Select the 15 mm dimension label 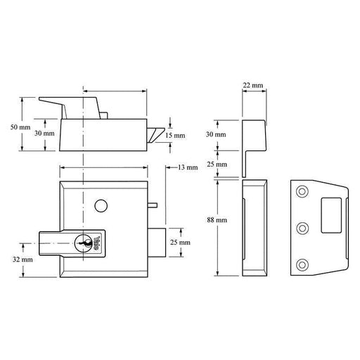(179, 135)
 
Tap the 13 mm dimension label (188, 167)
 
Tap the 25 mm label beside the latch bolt (181, 242)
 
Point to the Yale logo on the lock (98, 243)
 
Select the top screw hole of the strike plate (302, 191)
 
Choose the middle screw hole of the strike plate (302, 227)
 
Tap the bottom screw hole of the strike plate (302, 264)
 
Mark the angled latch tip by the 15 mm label (156, 134)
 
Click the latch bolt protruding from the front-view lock (157, 241)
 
